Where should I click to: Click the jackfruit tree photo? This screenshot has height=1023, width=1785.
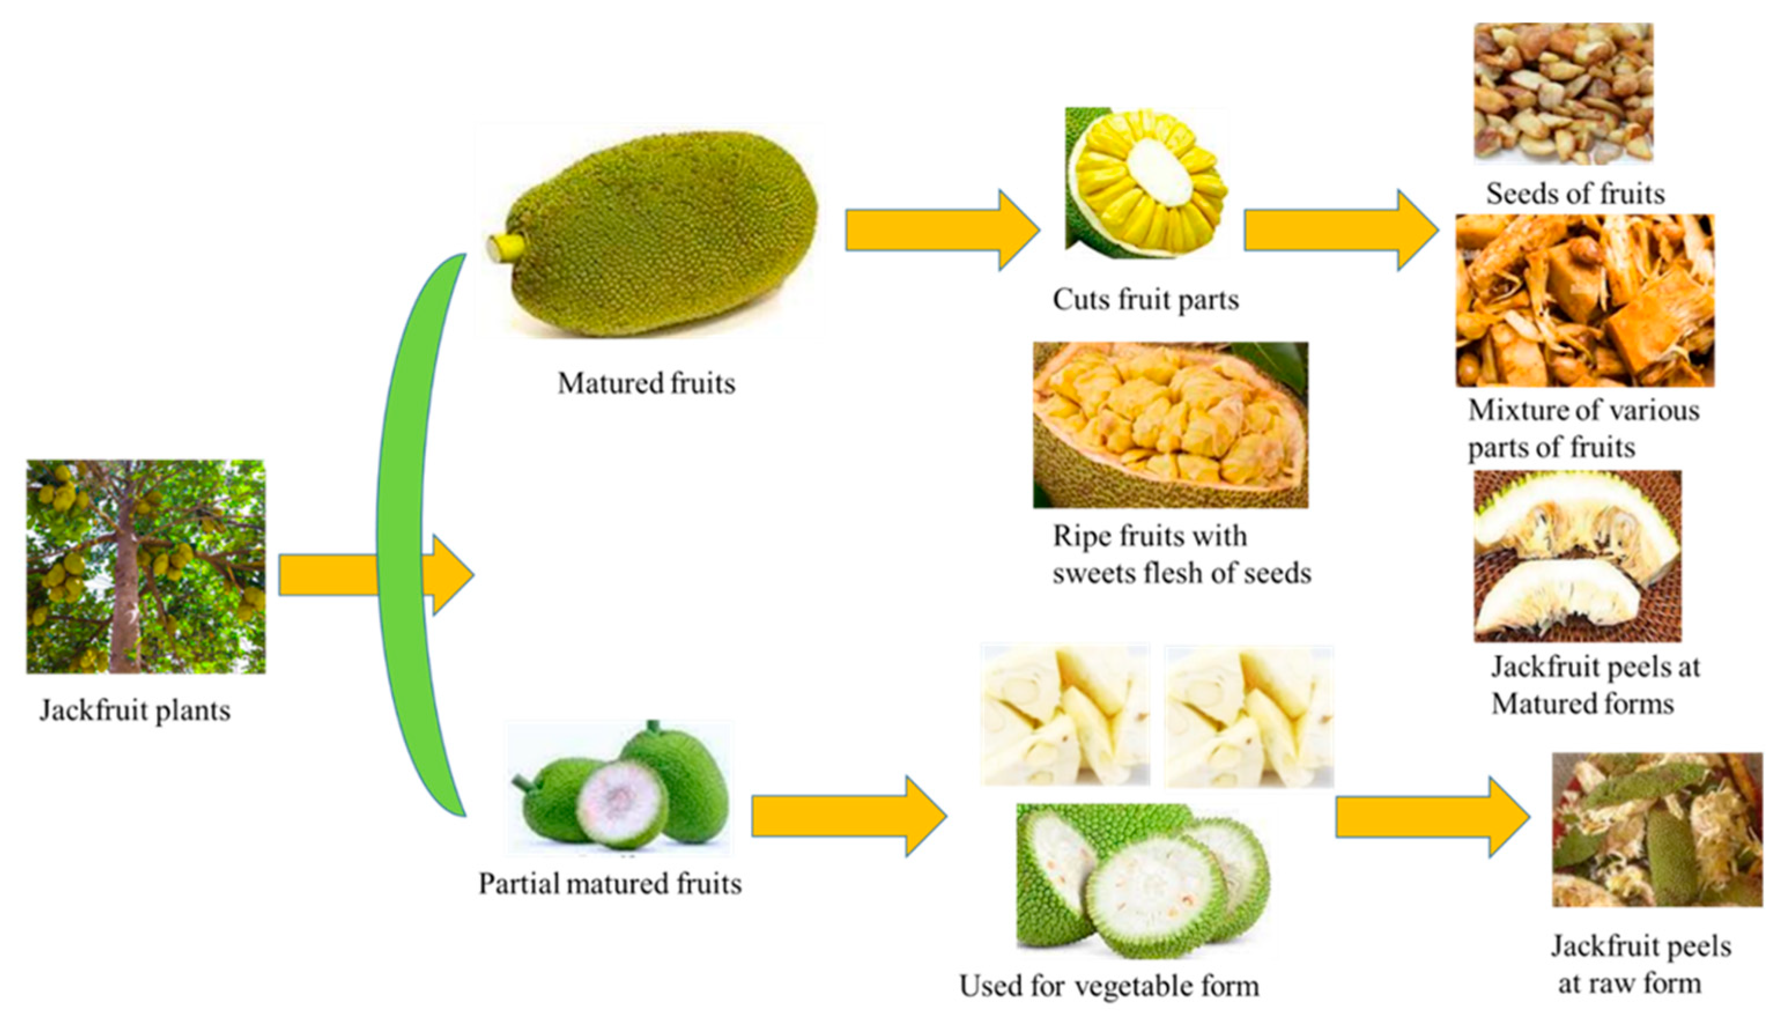[146, 566]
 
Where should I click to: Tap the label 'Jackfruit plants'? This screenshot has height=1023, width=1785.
[135, 710]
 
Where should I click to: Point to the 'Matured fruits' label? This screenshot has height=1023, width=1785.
[646, 384]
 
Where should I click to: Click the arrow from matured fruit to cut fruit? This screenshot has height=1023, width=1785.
[941, 230]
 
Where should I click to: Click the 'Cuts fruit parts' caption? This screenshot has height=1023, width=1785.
[1145, 300]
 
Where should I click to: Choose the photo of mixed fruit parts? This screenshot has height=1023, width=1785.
[1584, 301]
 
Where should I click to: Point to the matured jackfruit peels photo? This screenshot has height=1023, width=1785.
[1577, 555]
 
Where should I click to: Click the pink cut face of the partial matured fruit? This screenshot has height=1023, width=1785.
[620, 801]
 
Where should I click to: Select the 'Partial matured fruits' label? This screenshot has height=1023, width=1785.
[610, 884]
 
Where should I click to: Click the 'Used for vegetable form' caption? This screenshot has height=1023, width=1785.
[1109, 987]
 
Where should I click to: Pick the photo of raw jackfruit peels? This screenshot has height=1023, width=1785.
[1657, 829]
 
